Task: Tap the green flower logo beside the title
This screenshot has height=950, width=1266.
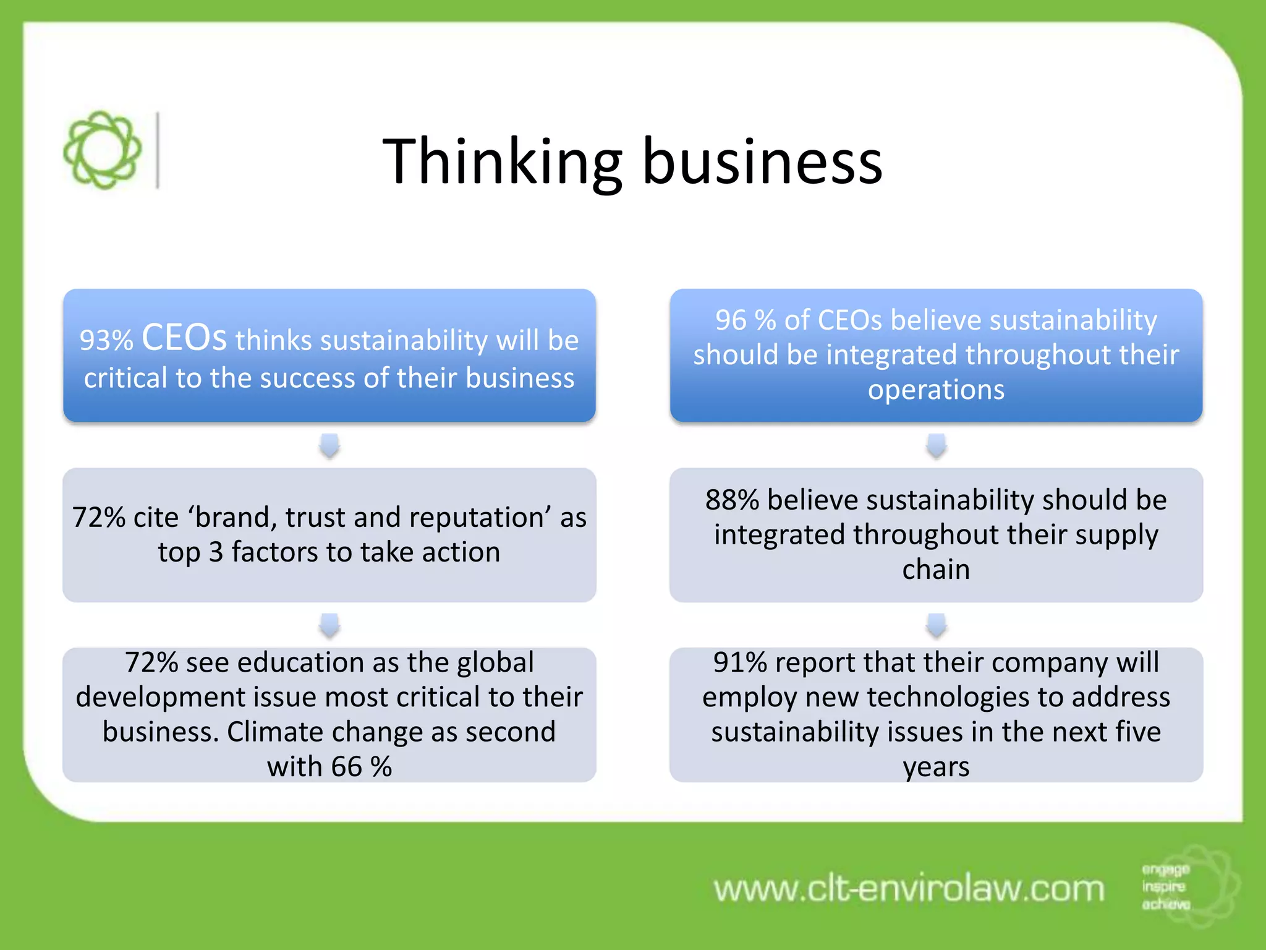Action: pos(102,150)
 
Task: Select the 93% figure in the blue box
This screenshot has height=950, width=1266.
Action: pos(106,341)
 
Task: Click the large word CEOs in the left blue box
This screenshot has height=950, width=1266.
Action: pos(184,338)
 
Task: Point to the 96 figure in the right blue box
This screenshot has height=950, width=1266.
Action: pos(731,320)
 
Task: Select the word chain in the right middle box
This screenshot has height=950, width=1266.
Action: pos(936,570)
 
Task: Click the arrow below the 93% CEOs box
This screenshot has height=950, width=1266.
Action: pos(329,445)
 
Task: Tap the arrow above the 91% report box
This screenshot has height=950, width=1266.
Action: pos(937,625)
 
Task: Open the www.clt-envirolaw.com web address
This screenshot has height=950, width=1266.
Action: pos(909,889)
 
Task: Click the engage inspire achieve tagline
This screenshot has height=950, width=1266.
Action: pos(1165,887)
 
